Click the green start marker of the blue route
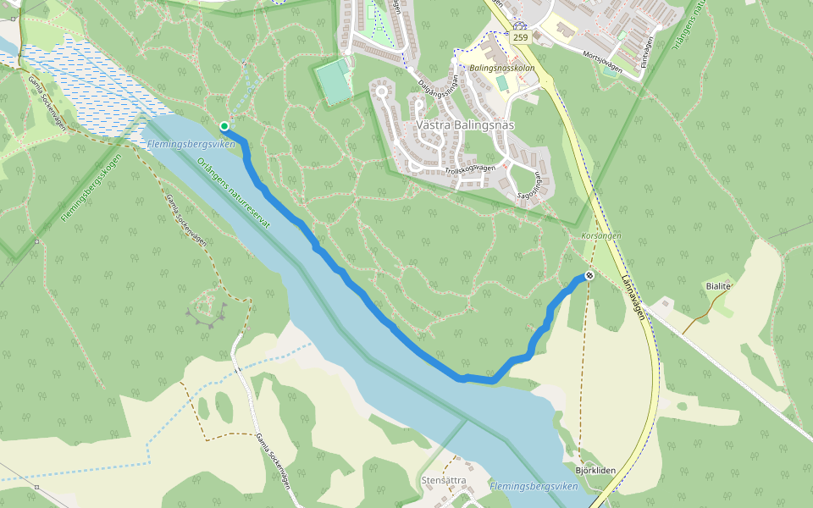point(224,127)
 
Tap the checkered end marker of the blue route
point(589,276)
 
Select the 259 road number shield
point(520,38)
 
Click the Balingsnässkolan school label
point(502,67)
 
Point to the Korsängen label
point(601,235)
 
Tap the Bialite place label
point(717,286)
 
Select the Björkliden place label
point(595,471)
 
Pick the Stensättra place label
point(444,480)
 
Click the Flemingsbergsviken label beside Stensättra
point(534,487)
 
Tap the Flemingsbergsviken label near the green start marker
point(191,145)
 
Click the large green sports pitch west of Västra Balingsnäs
point(334,81)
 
